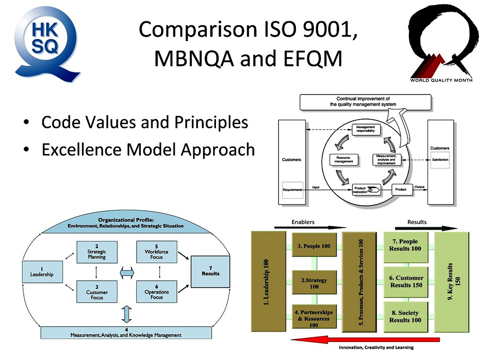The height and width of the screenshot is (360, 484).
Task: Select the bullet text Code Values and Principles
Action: point(145,122)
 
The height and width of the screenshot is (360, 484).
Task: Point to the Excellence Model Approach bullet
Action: point(148,150)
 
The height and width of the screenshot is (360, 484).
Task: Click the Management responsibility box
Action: point(365,129)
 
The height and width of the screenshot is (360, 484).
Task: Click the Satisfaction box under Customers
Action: point(440,160)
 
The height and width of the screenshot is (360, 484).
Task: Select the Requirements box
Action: point(292,189)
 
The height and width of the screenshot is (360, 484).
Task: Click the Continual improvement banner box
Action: point(365,102)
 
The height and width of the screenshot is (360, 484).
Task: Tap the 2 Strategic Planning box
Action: point(96,252)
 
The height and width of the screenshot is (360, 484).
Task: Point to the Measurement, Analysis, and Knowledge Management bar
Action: point(126,333)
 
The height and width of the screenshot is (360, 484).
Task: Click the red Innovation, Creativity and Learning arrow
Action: point(364,339)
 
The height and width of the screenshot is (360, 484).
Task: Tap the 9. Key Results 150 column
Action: point(452,282)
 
